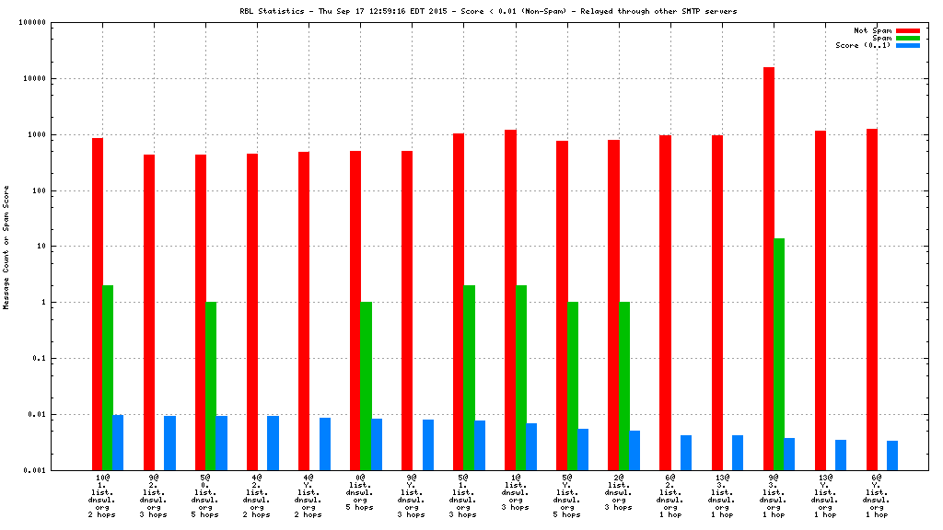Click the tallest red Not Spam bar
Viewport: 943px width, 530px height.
pos(769,267)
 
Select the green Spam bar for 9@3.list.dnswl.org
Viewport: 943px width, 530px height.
pos(779,353)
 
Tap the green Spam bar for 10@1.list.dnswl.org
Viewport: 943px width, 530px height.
pos(108,377)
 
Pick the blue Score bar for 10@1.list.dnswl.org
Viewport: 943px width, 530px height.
pos(118,442)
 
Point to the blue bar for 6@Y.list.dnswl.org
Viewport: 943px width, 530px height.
pos(892,455)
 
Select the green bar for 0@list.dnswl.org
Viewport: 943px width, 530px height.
pos(366,386)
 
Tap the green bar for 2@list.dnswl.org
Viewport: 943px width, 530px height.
pos(623,386)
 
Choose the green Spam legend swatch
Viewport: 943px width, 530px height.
pos(908,38)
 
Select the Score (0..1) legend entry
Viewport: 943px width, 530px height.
pos(863,45)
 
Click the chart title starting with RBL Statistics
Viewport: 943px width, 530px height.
pos(488,11)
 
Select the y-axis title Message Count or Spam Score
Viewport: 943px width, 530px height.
pos(6,247)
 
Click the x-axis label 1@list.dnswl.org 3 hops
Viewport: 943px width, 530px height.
pos(515,494)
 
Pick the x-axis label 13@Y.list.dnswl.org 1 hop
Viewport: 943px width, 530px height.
pos(825,497)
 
